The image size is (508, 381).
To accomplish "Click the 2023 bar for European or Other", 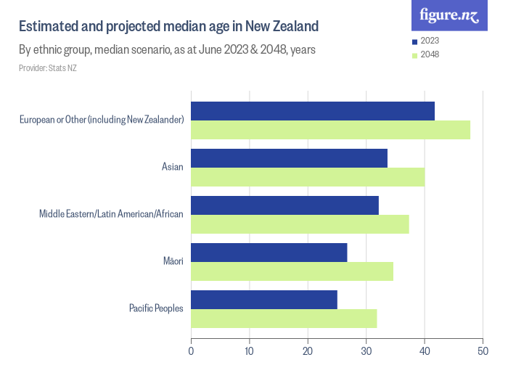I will point(313,111).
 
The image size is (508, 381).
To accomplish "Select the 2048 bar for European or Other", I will point(330,130).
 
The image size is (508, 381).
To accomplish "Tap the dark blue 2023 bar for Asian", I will point(289,158).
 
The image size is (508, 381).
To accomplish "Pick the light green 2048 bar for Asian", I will point(308,177).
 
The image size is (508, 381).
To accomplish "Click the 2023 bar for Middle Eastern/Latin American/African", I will point(284,205).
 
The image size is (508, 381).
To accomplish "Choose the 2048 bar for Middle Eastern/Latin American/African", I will point(300,224).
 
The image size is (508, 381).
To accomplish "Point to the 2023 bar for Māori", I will point(269,253).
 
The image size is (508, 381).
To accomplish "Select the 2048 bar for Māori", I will point(292,271).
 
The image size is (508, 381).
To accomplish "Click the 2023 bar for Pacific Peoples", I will point(264,300).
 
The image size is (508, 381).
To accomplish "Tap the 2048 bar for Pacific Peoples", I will point(284,319).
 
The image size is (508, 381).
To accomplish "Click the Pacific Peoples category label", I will point(156,308).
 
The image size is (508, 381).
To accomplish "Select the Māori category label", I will point(173,261).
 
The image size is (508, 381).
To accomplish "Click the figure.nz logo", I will point(449,15).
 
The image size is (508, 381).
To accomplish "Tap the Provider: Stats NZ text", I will point(48,68).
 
